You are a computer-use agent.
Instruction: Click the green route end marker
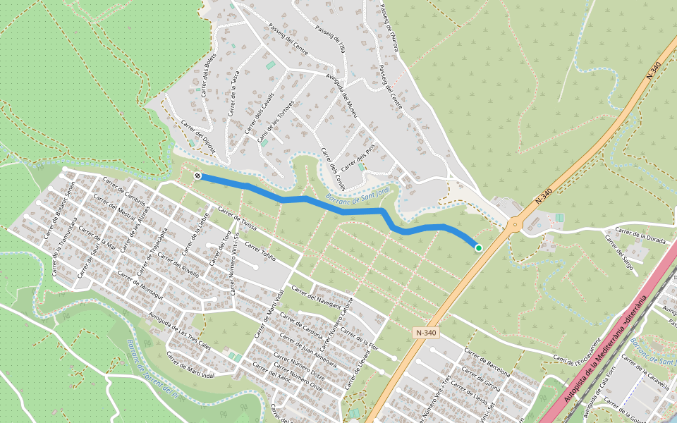point(478,247)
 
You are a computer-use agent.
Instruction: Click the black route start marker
point(198,176)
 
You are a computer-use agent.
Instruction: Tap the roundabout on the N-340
point(513,226)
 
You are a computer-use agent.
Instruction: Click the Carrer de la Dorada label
point(640,235)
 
